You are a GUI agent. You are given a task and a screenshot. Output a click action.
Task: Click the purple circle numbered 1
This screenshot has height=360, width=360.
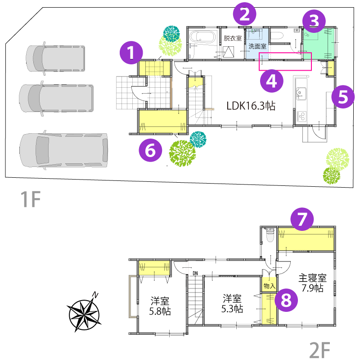[x=131, y=53]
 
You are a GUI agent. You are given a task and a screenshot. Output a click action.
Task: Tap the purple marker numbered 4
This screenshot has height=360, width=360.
[x=272, y=81]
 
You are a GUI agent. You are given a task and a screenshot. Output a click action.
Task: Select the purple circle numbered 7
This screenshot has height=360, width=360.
[x=302, y=219]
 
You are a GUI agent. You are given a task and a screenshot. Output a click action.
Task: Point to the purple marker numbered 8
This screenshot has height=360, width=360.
[x=286, y=300]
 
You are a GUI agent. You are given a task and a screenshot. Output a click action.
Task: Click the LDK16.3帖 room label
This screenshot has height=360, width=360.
[x=251, y=106]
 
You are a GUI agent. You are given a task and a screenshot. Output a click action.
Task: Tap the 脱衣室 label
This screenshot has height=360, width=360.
[x=233, y=38]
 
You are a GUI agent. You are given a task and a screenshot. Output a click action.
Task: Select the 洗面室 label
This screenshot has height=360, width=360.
[x=257, y=46]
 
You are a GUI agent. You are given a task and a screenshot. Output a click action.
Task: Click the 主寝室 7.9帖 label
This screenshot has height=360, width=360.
[x=312, y=283]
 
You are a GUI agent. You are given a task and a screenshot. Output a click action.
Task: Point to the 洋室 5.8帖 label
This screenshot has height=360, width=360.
[x=160, y=306]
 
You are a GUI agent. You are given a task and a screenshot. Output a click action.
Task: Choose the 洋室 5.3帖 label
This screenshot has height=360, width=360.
[x=232, y=304]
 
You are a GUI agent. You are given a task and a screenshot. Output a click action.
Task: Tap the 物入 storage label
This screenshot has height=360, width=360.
[x=269, y=286]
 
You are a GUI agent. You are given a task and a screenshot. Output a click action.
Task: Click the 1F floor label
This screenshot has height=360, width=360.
[x=31, y=199]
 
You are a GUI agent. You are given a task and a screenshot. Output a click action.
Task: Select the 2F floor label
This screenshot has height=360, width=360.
[x=319, y=350]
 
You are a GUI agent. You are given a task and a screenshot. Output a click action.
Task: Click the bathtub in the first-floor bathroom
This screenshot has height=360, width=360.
[x=202, y=37]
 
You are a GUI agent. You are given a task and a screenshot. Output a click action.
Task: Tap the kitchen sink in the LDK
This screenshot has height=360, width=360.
[x=301, y=94]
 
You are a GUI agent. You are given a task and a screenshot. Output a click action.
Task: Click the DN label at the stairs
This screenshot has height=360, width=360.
[x=195, y=273]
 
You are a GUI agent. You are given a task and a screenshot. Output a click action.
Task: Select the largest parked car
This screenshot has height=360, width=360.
[x=63, y=150]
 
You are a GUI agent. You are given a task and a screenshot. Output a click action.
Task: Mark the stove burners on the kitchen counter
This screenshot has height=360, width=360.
[x=301, y=116]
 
